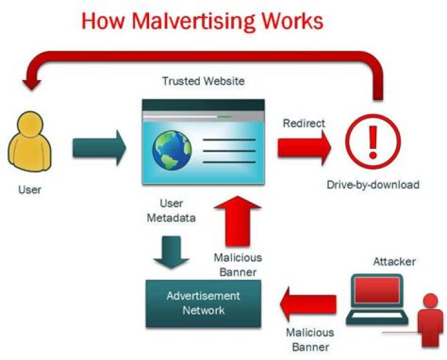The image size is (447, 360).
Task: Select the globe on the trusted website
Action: click(x=173, y=150)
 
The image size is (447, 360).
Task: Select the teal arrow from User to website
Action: click(x=99, y=148)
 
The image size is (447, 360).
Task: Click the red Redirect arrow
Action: click(x=304, y=148)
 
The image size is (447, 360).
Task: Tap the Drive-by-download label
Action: click(x=373, y=184)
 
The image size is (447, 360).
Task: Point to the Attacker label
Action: click(x=394, y=261)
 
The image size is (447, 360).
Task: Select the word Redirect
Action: click(x=304, y=123)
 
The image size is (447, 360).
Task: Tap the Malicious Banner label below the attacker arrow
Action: click(x=310, y=340)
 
